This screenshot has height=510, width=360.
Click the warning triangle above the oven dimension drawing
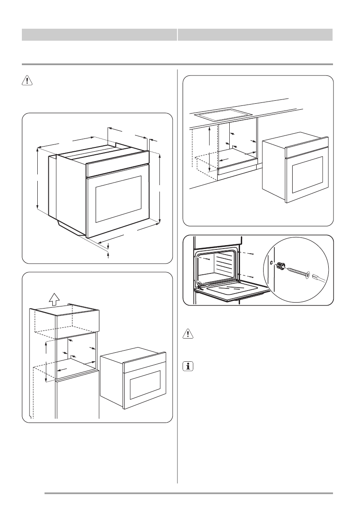tap(27, 82)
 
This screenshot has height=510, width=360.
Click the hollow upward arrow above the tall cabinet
tap(54, 297)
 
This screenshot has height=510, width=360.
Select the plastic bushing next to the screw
tap(282, 266)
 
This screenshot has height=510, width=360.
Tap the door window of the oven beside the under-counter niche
tap(307, 174)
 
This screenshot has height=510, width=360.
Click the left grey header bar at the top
tap(99, 35)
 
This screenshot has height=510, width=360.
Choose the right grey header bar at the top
tap(255, 35)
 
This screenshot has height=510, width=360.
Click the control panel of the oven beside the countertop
tap(307, 147)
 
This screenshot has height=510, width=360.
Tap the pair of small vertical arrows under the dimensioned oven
tap(108, 250)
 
